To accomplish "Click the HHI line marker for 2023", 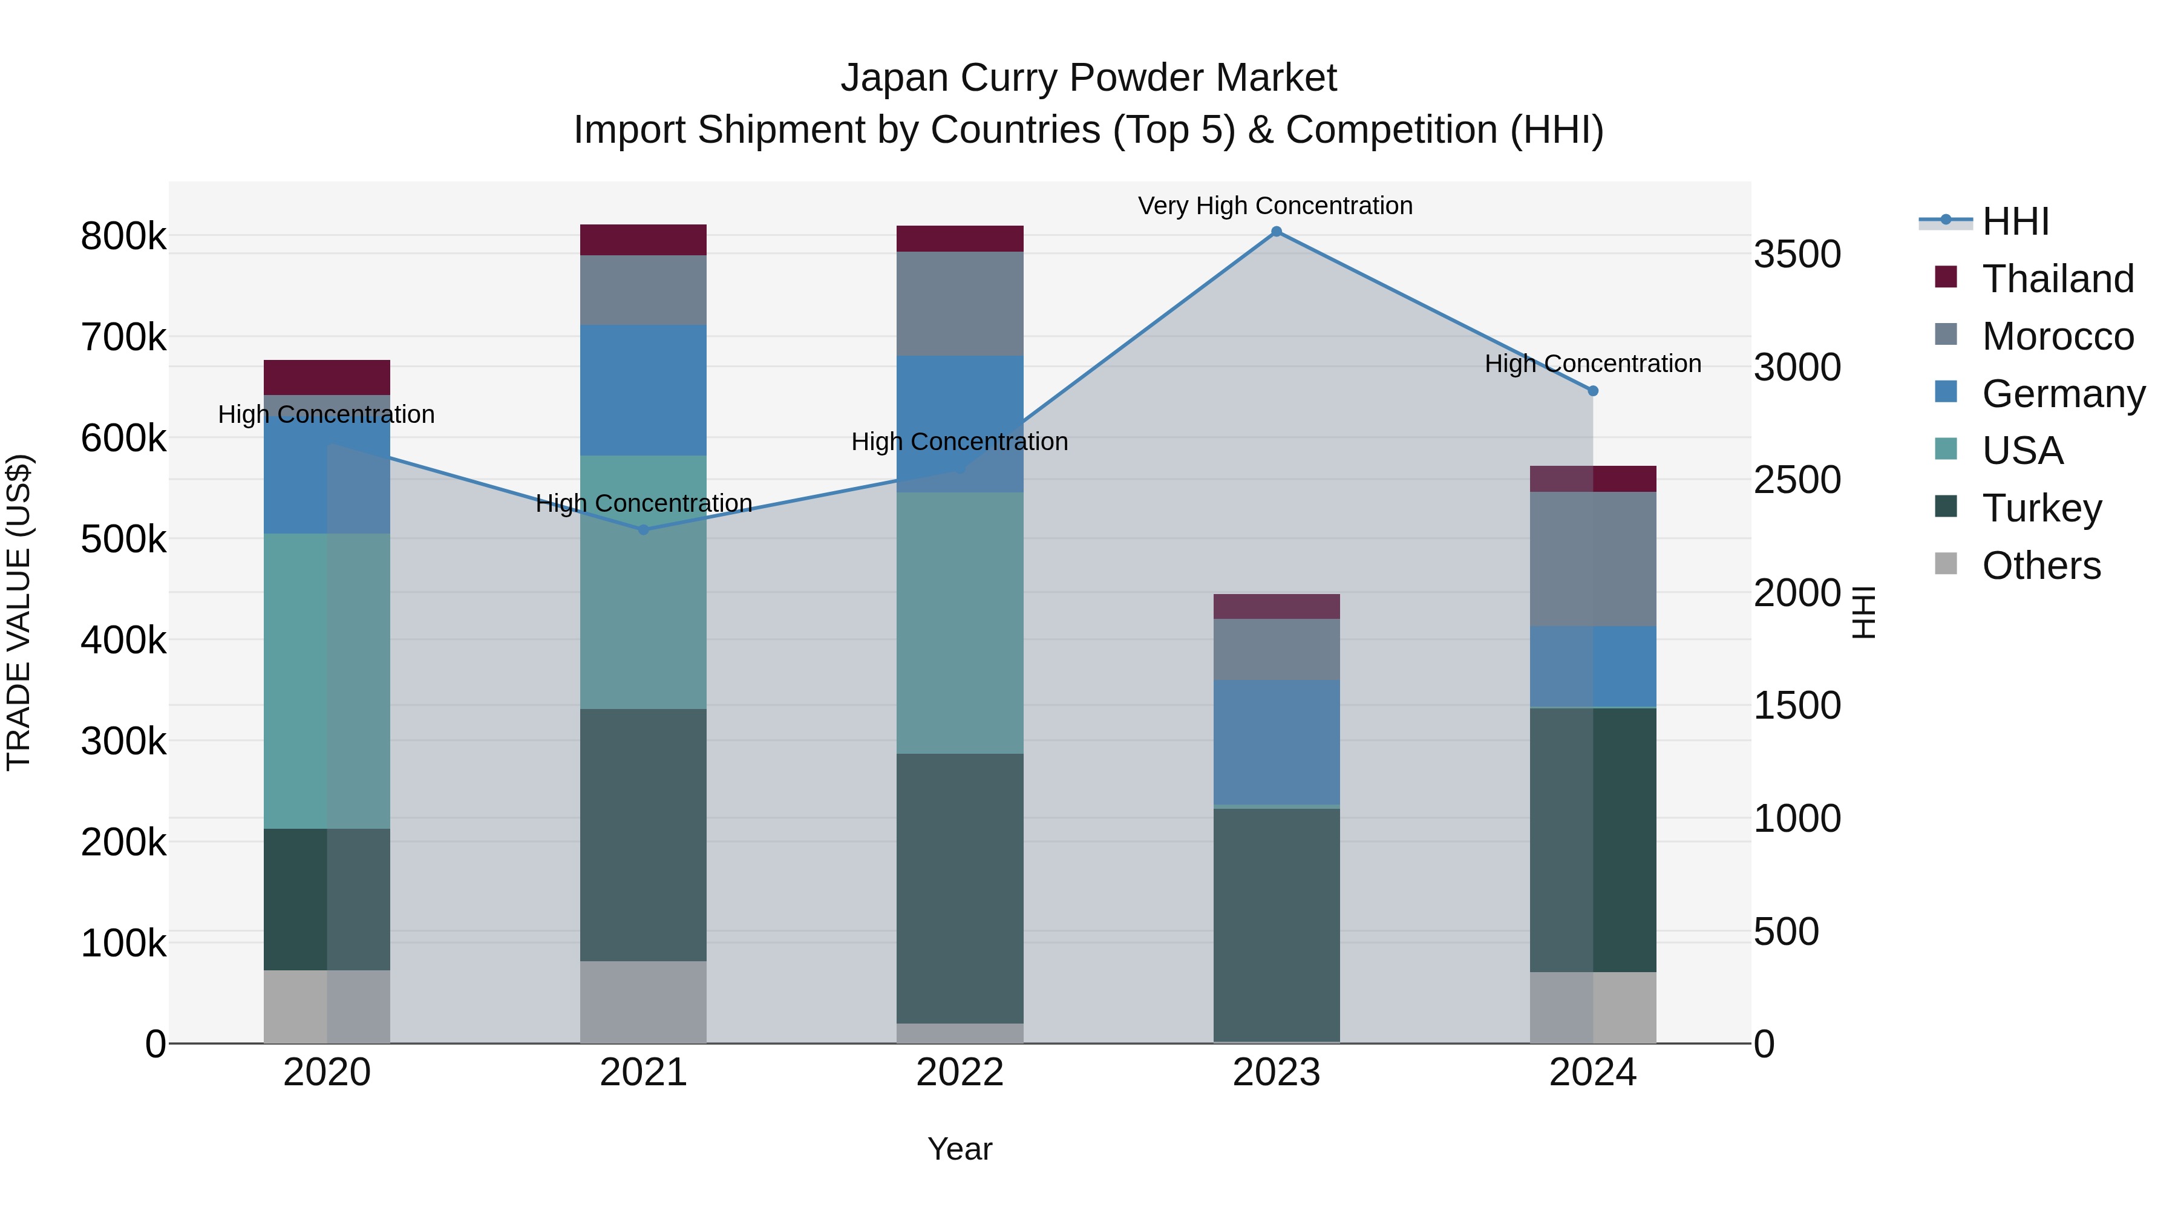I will (1277, 232).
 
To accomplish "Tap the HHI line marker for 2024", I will (1593, 391).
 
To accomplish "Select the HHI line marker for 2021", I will (644, 530).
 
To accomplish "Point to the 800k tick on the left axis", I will (123, 236).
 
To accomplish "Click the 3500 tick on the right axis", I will (1797, 255).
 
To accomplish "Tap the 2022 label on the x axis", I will (960, 1073).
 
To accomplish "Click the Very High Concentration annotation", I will (1275, 206).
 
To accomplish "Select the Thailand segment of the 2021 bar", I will (644, 240).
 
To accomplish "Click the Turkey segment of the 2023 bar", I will (1277, 925).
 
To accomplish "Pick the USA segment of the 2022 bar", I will (960, 623).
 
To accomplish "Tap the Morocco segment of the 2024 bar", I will (1593, 559).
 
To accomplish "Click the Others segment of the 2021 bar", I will (644, 1002).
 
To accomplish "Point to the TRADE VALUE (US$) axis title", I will (19, 612).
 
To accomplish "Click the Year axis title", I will (960, 1149).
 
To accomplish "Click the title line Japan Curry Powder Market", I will (1088, 78).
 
